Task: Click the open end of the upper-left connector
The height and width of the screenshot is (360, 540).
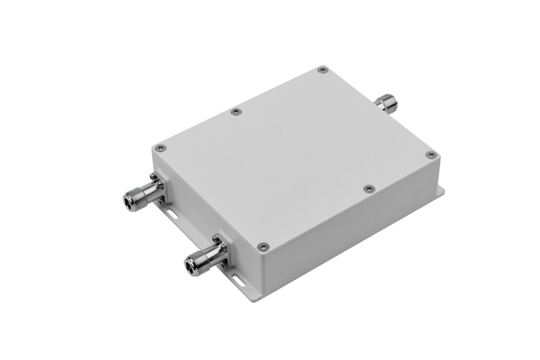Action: [126, 197]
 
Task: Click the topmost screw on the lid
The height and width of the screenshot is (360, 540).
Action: [322, 69]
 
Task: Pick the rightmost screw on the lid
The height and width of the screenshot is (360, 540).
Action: [431, 155]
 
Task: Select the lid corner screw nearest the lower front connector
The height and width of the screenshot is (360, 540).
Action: [262, 246]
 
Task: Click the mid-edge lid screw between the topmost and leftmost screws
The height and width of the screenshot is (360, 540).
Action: [235, 112]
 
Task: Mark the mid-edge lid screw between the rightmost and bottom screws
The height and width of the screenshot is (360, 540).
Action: [368, 189]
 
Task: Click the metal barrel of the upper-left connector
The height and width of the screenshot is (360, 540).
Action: [139, 193]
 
